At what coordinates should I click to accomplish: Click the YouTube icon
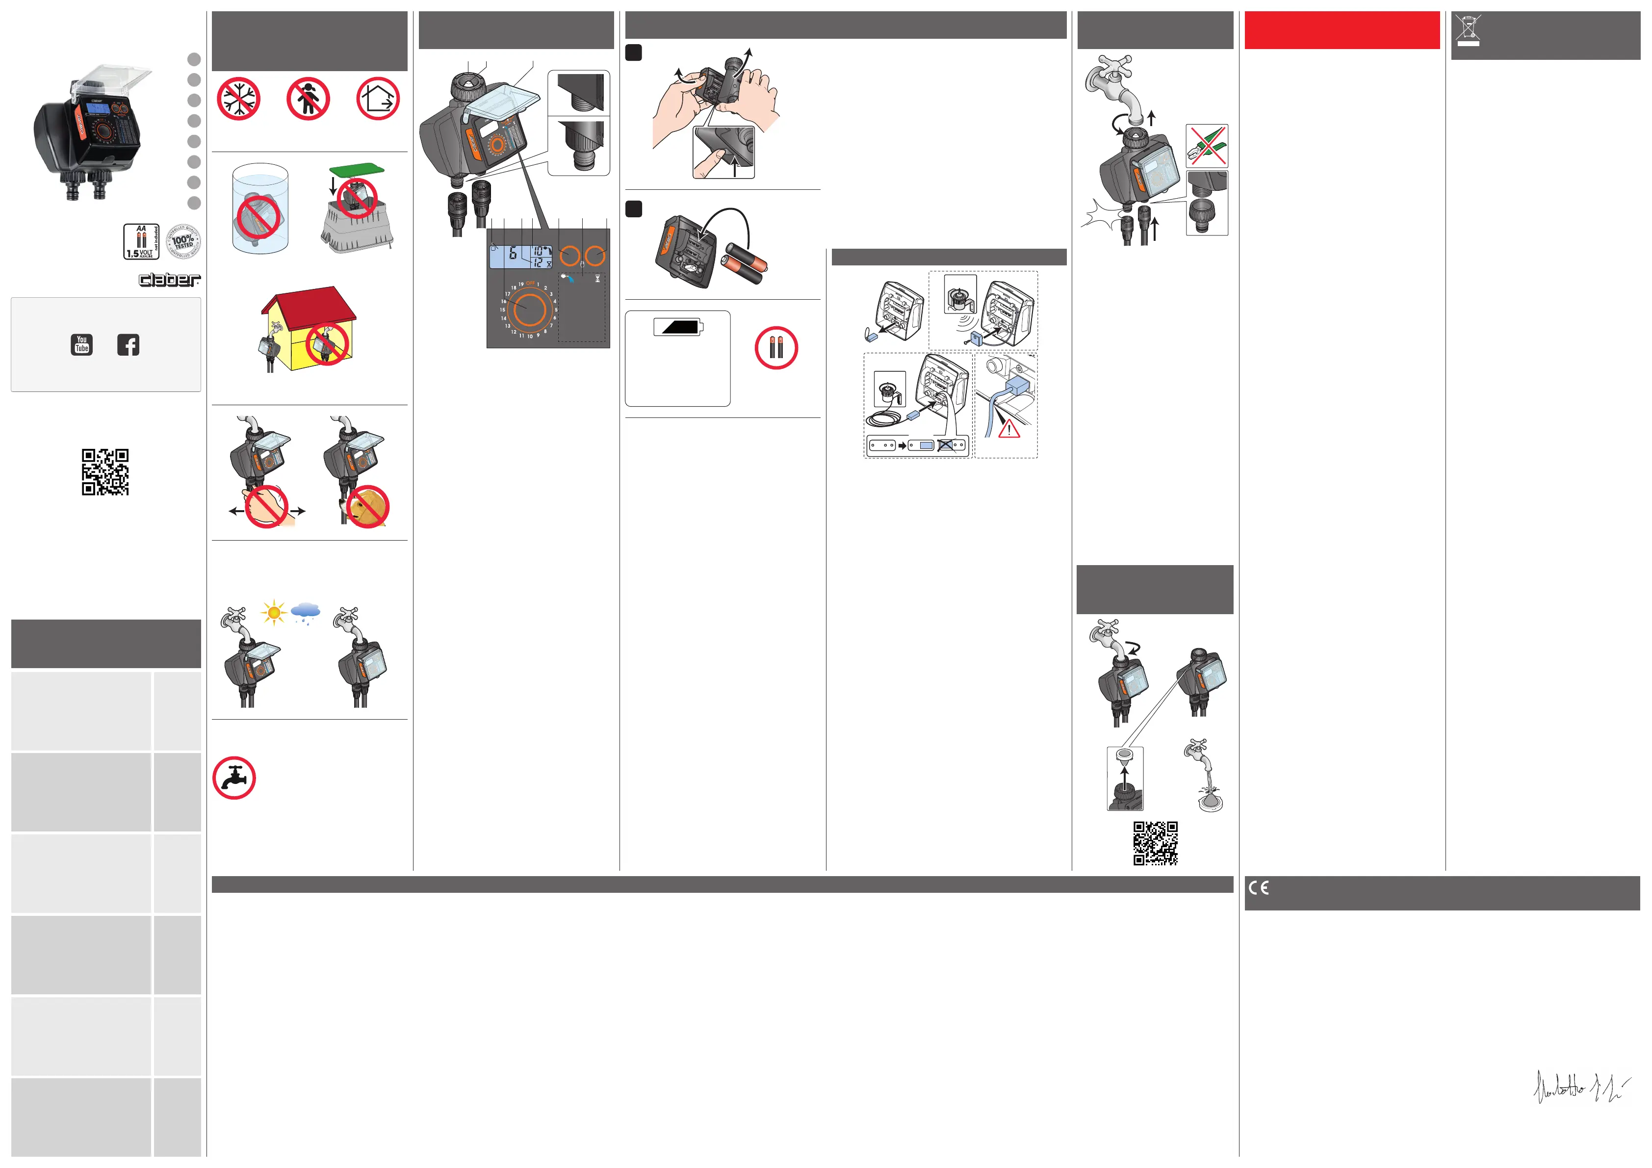(x=82, y=345)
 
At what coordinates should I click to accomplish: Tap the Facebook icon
(x=128, y=345)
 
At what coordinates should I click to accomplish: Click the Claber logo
(x=170, y=279)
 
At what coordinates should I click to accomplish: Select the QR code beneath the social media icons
(x=105, y=472)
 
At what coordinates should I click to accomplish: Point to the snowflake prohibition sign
(x=238, y=99)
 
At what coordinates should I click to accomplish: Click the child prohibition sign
(x=308, y=99)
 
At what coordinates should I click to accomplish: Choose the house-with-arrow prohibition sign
(x=378, y=99)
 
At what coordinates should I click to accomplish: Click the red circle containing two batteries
(x=775, y=348)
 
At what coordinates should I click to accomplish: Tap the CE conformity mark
(x=1259, y=887)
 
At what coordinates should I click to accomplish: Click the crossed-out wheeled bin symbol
(x=1468, y=29)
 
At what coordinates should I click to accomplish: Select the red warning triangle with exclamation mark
(x=1009, y=430)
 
